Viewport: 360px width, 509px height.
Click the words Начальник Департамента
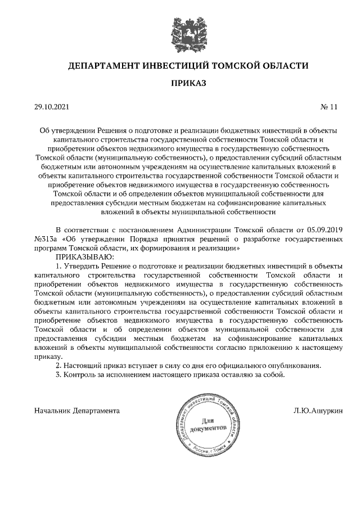[x=77, y=411]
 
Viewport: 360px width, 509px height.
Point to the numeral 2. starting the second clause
[x=58, y=366]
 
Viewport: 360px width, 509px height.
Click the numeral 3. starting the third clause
[x=58, y=375]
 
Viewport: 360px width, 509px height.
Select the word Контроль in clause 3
[x=79, y=375]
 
